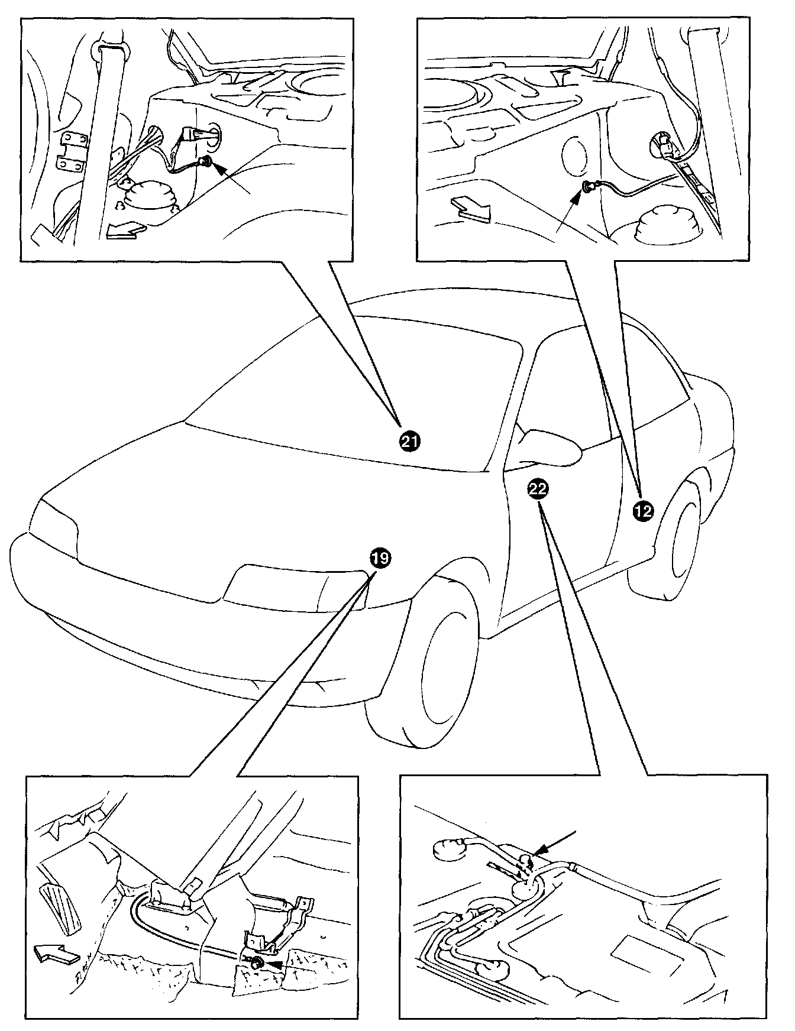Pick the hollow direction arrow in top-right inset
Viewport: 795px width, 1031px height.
coord(470,210)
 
